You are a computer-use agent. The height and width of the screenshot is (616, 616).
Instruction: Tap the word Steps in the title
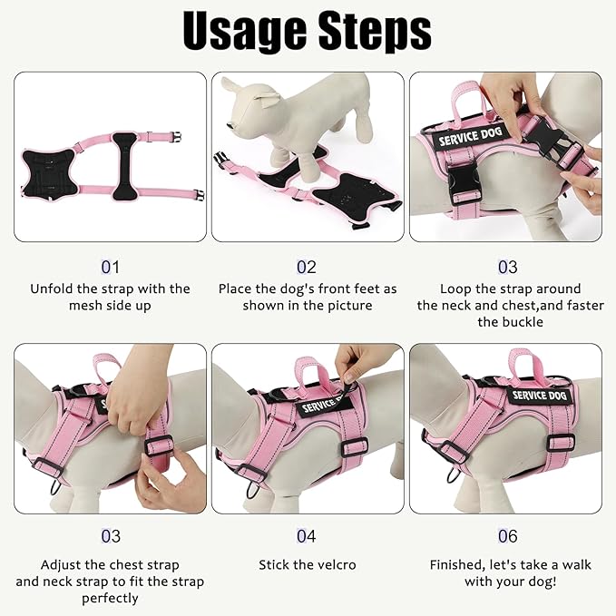tap(375, 34)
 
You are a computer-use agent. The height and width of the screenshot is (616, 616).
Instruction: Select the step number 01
tap(110, 268)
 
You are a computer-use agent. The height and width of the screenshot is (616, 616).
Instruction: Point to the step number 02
tap(307, 268)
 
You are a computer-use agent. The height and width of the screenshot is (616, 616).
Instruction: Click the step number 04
tap(307, 537)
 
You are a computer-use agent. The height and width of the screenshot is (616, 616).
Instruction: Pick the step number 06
tap(507, 537)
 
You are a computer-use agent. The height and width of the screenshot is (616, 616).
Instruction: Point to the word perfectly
tap(110, 598)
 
